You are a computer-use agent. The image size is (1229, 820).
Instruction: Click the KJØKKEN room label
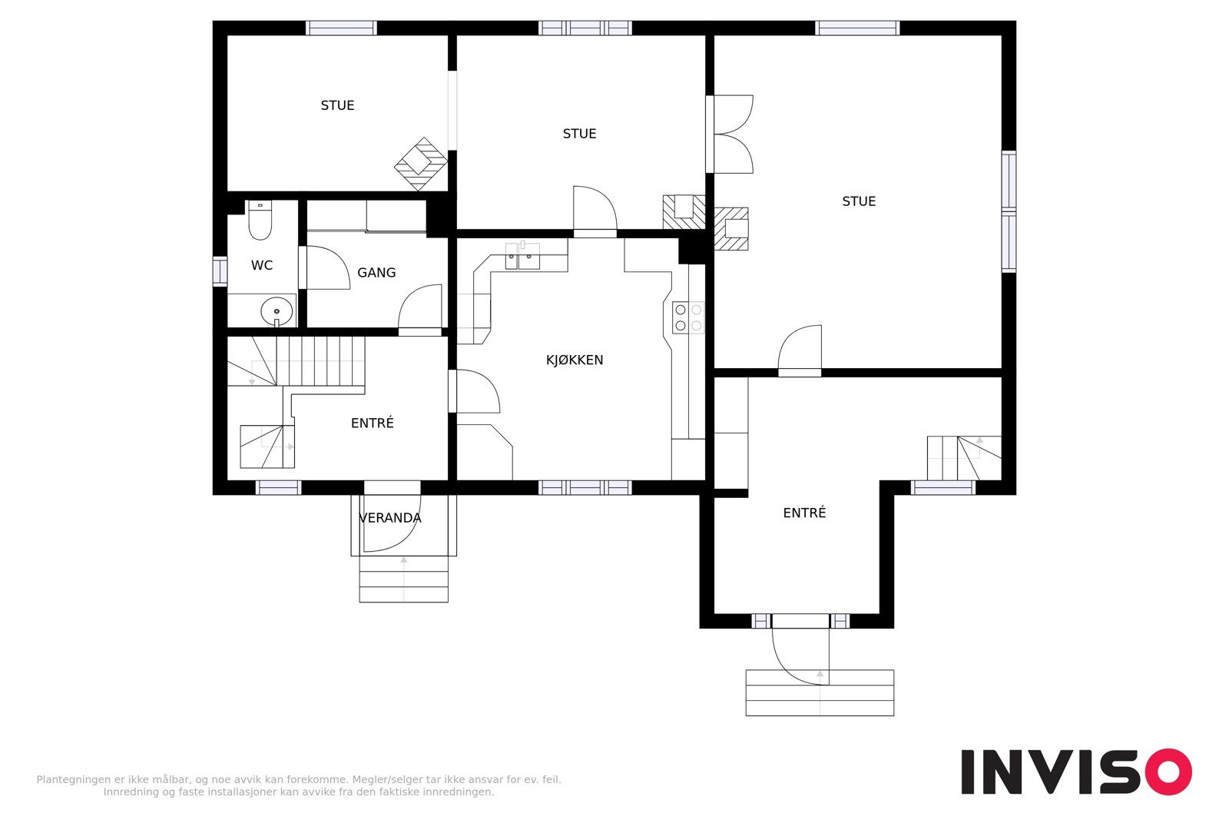point(575,360)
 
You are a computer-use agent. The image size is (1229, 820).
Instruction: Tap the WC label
point(262,266)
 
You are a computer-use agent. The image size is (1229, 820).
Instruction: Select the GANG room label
point(376,273)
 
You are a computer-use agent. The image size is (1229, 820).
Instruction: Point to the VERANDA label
point(390,518)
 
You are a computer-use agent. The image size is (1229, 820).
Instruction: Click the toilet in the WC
point(260,220)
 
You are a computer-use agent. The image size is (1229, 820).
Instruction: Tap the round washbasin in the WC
point(277,311)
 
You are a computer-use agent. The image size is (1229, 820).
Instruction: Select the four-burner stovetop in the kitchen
point(688,318)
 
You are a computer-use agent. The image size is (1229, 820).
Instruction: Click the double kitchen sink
point(522,257)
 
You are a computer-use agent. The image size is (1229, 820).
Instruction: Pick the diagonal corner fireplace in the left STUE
point(421,164)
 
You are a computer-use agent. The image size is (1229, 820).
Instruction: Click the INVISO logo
point(1076,772)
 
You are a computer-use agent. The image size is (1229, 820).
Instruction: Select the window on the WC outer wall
point(220,271)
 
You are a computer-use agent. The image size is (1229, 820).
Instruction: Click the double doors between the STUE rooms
point(730,134)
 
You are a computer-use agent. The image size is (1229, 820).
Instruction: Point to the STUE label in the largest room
point(859,201)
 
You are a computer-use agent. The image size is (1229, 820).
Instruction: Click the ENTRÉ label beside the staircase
point(372,423)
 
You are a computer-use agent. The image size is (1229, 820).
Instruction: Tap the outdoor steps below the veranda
point(404,579)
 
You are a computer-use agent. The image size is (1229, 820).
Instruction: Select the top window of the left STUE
point(341,28)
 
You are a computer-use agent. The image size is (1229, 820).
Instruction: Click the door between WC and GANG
point(325,267)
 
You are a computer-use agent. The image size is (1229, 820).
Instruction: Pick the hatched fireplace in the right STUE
point(731,229)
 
